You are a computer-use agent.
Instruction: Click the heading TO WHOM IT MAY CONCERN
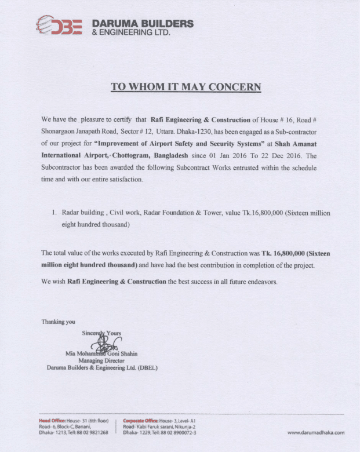pyautogui.click(x=186, y=88)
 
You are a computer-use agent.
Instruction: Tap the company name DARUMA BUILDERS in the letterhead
pyautogui.click(x=143, y=24)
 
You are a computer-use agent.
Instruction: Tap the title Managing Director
pyautogui.click(x=102, y=360)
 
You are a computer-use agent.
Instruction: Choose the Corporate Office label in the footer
pyautogui.click(x=141, y=420)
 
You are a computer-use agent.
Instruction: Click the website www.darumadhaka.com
pyautogui.click(x=316, y=432)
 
